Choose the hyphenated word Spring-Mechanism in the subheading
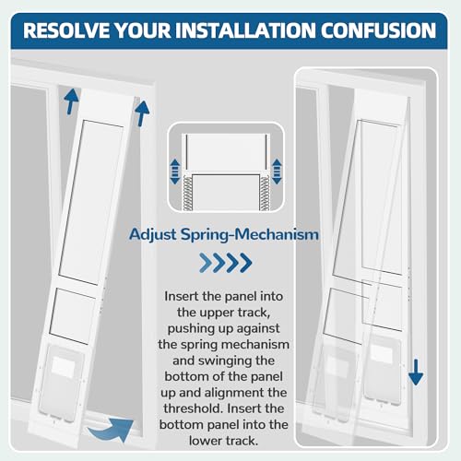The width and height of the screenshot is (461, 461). (x=271, y=234)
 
